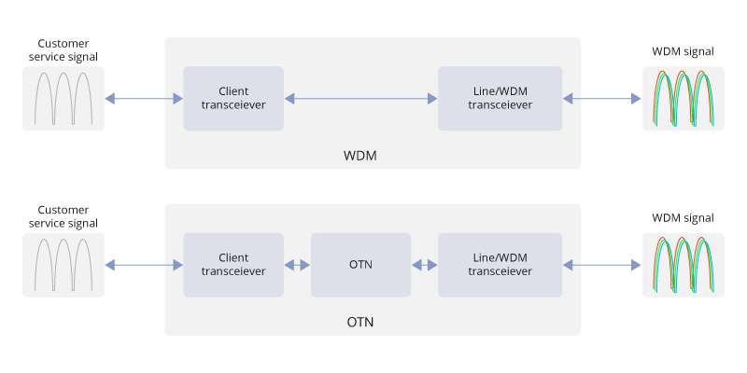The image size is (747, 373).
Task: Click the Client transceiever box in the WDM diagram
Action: coord(233,98)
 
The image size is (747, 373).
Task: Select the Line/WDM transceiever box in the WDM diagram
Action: coord(500,98)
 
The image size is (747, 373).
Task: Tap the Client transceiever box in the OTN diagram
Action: coord(233,265)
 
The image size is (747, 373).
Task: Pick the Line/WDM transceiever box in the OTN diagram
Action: coord(500,265)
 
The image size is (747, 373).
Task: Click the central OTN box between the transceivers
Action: coord(360,265)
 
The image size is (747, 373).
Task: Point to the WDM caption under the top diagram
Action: coord(360,154)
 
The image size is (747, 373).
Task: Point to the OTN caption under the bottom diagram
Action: coord(360,322)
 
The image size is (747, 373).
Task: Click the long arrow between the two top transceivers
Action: coord(360,98)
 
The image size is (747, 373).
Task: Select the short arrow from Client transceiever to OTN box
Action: coord(297,265)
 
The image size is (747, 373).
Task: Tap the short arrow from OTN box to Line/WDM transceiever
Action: coord(425,265)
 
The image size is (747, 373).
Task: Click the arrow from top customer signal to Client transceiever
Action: coord(144,98)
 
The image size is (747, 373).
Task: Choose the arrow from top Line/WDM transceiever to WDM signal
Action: coord(602,98)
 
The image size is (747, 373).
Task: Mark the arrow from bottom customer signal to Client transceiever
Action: coord(144,266)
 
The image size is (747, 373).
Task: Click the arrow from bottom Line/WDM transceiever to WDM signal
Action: coord(602,266)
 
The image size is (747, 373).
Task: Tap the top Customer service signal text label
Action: coord(68,50)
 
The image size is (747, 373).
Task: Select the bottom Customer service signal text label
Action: coord(68,216)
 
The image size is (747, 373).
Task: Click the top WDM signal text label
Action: coord(683,50)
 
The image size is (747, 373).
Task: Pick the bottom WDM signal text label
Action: coord(683,218)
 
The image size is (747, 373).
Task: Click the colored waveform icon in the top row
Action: coord(683,98)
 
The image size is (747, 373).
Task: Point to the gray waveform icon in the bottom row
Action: coord(63,265)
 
